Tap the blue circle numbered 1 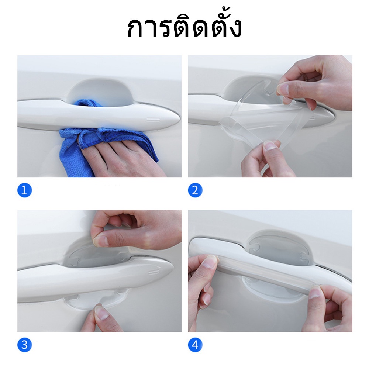coord(24,190)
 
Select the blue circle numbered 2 coord(195,190)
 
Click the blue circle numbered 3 coord(24,345)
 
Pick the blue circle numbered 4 coord(195,345)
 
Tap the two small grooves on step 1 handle coord(153,120)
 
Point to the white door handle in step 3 coord(94,278)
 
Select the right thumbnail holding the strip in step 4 coord(315,293)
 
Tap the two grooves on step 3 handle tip coord(153,272)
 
